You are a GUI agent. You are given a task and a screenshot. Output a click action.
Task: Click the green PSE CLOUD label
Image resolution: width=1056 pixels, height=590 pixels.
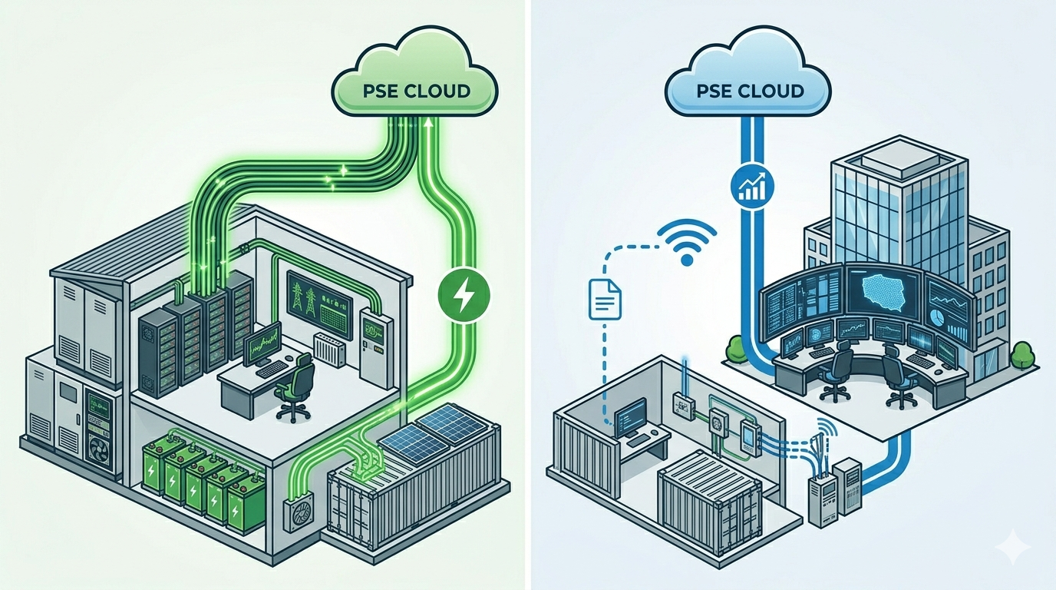pos(415,91)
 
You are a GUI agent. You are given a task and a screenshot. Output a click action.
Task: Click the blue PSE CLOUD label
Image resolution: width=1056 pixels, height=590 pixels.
pos(749,91)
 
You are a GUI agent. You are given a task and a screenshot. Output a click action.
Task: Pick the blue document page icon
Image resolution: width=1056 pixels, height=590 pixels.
pos(603,300)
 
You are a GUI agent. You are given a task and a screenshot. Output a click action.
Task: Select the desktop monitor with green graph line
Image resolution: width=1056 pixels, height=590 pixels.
pos(262,350)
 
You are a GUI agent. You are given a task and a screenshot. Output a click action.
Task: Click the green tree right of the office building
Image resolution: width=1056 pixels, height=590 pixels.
pos(1021,354)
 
